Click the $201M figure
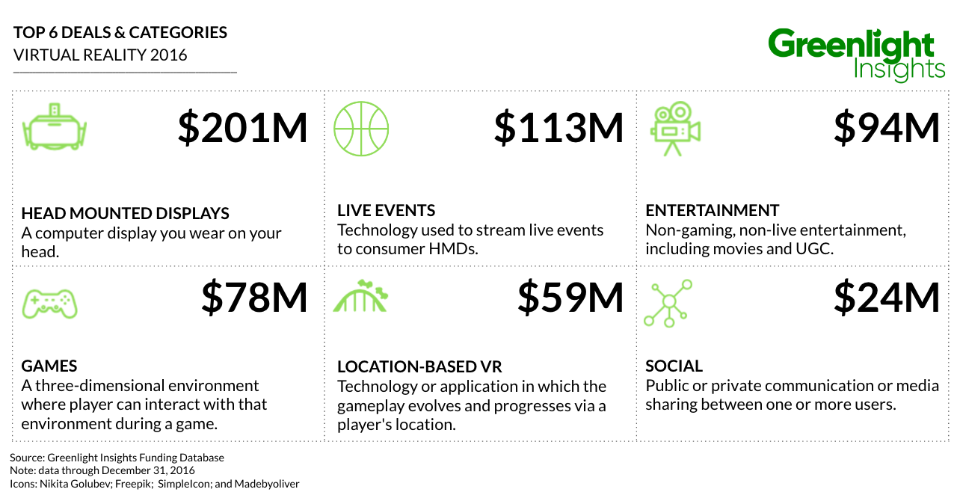click(x=243, y=128)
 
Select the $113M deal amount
click(x=559, y=128)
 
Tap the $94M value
click(x=887, y=128)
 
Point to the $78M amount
click(x=254, y=298)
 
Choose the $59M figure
click(x=570, y=298)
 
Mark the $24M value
click(x=887, y=298)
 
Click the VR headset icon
click(x=55, y=126)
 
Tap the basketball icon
click(x=361, y=129)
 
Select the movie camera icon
click(x=675, y=129)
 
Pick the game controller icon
click(x=49, y=304)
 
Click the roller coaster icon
click(x=360, y=295)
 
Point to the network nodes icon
click(x=668, y=304)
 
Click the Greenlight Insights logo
click(x=856, y=55)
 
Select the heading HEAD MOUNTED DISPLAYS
click(x=125, y=213)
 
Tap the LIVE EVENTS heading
click(x=386, y=210)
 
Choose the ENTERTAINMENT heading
click(x=713, y=210)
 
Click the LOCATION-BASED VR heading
click(x=419, y=367)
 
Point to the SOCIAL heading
click(x=674, y=366)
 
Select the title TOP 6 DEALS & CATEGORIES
click(x=120, y=33)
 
